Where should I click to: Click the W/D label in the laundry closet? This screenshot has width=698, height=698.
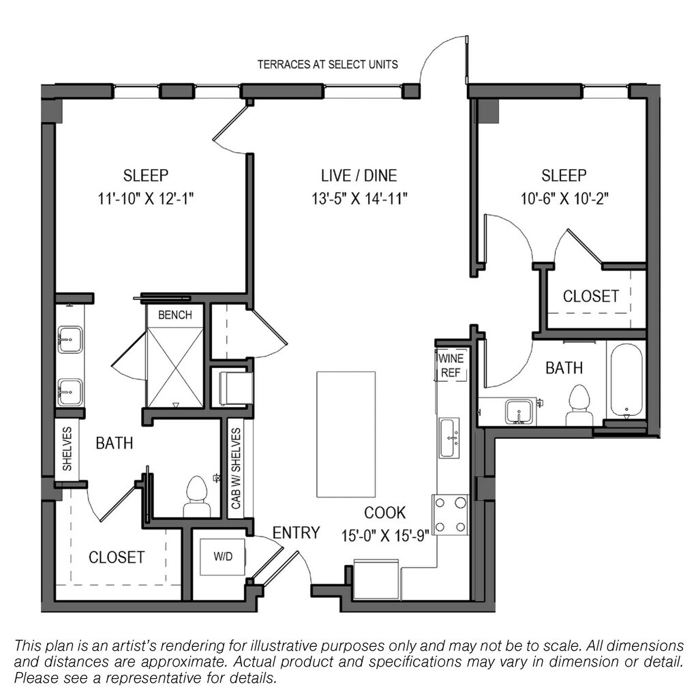click(x=223, y=556)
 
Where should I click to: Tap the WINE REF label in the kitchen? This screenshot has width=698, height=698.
click(x=451, y=365)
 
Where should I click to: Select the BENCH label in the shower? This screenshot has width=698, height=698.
click(x=175, y=315)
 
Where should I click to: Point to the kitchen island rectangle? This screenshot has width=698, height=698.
click(x=346, y=434)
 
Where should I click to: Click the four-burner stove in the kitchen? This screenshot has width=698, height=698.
click(x=450, y=515)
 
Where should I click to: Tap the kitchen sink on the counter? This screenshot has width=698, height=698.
click(x=450, y=438)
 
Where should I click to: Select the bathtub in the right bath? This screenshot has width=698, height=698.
click(x=626, y=381)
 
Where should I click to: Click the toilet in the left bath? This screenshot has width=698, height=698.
click(x=197, y=496)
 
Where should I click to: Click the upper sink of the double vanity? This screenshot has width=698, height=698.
click(x=70, y=339)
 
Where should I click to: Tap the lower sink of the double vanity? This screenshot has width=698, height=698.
click(x=70, y=392)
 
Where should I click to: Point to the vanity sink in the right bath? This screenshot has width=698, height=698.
click(x=519, y=412)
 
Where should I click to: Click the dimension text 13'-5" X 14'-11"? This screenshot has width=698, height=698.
click(x=359, y=198)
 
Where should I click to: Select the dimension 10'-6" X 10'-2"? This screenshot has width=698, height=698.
click(x=564, y=198)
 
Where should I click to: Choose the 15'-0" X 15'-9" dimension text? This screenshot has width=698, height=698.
click(x=384, y=536)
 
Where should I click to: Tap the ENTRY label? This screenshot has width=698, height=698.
click(x=296, y=532)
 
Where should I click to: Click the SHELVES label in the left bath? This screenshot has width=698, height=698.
click(x=67, y=449)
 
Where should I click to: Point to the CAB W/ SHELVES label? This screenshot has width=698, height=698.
click(x=236, y=468)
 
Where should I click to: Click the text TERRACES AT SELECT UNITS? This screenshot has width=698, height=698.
click(x=328, y=65)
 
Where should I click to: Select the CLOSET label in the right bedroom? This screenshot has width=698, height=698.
click(x=591, y=296)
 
